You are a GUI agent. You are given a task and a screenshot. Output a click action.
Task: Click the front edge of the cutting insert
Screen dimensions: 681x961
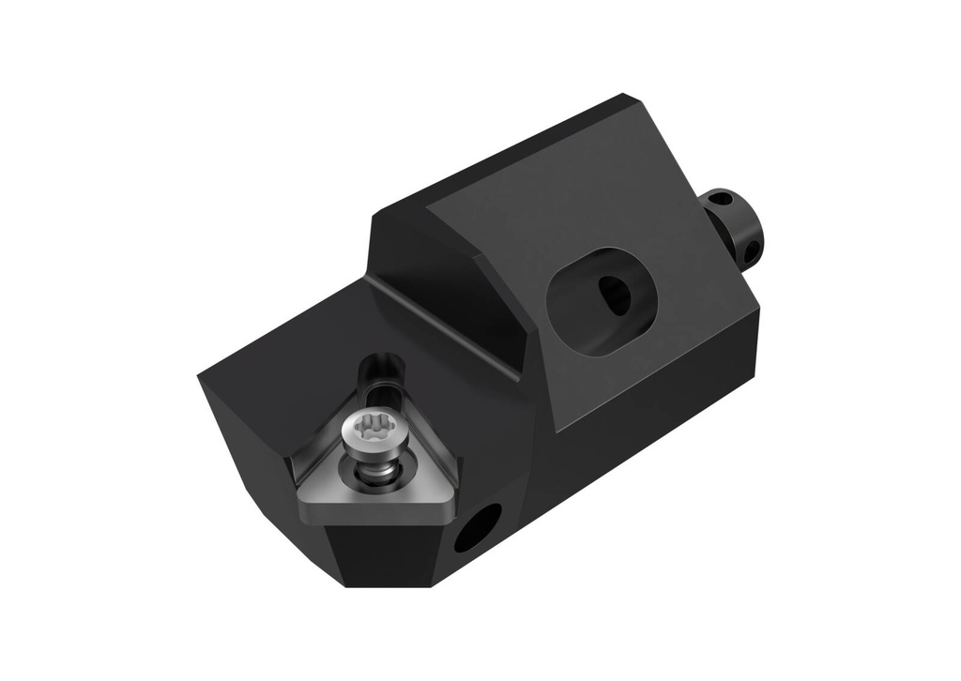tap(375, 512)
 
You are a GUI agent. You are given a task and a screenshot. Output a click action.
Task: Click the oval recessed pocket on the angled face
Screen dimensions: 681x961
tap(601, 300)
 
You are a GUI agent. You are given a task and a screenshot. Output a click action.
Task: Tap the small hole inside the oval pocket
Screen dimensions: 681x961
tap(615, 294)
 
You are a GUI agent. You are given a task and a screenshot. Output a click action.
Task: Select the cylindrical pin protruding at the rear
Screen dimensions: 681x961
tap(734, 226)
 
